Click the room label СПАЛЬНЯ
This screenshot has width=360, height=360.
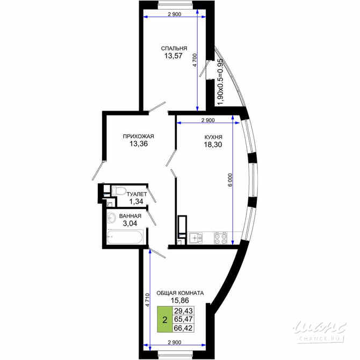[174, 48]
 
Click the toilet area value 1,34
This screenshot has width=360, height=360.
[135, 201]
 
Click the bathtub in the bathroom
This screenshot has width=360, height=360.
[125, 237]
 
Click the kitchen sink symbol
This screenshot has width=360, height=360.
[196, 236]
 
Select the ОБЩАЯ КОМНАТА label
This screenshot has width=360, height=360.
[179, 293]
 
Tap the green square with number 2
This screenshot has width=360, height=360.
[164, 318]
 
